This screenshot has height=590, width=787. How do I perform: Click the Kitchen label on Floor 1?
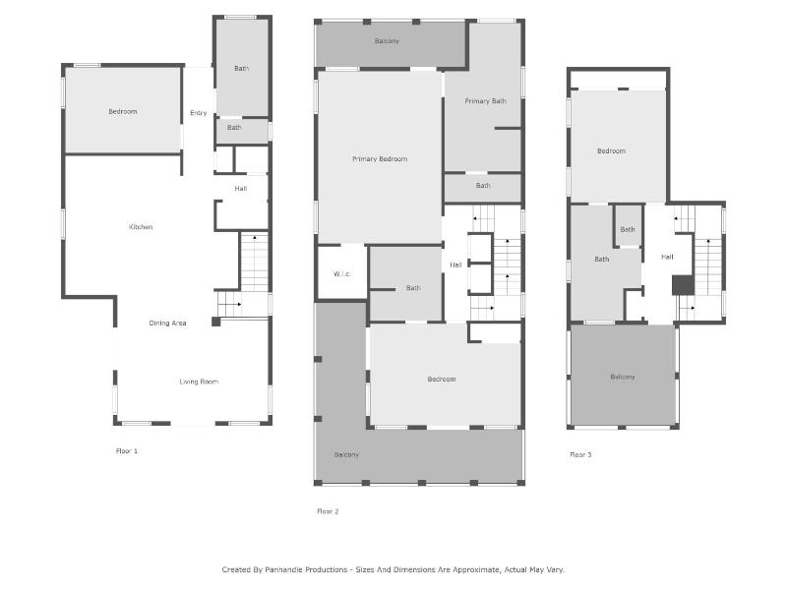pyautogui.click(x=141, y=227)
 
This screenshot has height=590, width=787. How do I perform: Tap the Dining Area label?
pyautogui.click(x=167, y=324)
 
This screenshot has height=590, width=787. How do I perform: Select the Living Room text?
pyautogui.click(x=199, y=382)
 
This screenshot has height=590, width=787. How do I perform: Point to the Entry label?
pyautogui.click(x=199, y=113)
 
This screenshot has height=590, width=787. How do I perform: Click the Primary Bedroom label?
pyautogui.click(x=380, y=159)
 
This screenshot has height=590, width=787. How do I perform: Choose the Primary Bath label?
pyautogui.click(x=485, y=101)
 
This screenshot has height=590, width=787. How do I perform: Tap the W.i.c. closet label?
pyautogui.click(x=341, y=274)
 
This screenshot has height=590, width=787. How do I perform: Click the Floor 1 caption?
pyautogui.click(x=127, y=451)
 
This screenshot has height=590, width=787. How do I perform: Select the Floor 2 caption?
pyautogui.click(x=328, y=511)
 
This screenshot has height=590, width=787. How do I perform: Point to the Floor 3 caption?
pyautogui.click(x=580, y=454)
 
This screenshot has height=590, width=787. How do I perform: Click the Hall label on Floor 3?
pyautogui.click(x=667, y=257)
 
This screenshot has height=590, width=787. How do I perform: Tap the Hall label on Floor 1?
pyautogui.click(x=241, y=189)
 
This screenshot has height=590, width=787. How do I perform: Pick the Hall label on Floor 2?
pyautogui.click(x=455, y=265)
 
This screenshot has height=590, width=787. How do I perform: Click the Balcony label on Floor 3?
pyautogui.click(x=623, y=377)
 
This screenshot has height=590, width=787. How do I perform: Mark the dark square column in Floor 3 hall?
pyautogui.click(x=683, y=285)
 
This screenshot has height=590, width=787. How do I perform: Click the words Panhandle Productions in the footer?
pyautogui.click(x=306, y=569)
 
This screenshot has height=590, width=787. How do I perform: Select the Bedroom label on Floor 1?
pyautogui.click(x=123, y=111)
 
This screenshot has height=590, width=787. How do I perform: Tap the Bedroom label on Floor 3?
pyautogui.click(x=611, y=151)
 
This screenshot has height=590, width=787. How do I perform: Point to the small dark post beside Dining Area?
pyautogui.click(x=215, y=322)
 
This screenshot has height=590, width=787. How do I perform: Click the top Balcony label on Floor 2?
pyautogui.click(x=387, y=41)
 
